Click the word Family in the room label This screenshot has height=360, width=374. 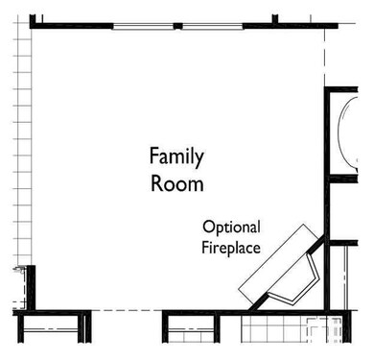(x=176, y=157)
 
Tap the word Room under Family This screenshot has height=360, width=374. (x=177, y=183)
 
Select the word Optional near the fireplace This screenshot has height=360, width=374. (x=231, y=228)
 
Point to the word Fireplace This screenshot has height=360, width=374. (x=231, y=248)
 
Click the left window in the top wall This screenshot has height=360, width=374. (x=143, y=27)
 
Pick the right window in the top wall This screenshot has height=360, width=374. (x=213, y=27)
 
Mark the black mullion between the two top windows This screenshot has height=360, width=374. (x=178, y=26)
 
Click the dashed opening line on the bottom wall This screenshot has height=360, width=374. (x=127, y=310)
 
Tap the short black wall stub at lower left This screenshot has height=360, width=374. (x=31, y=288)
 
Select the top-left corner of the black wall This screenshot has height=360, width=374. (x=30, y=14)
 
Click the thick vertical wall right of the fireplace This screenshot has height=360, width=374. (x=327, y=199)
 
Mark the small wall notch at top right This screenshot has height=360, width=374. (x=275, y=19)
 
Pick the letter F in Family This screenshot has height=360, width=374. (x=154, y=156)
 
